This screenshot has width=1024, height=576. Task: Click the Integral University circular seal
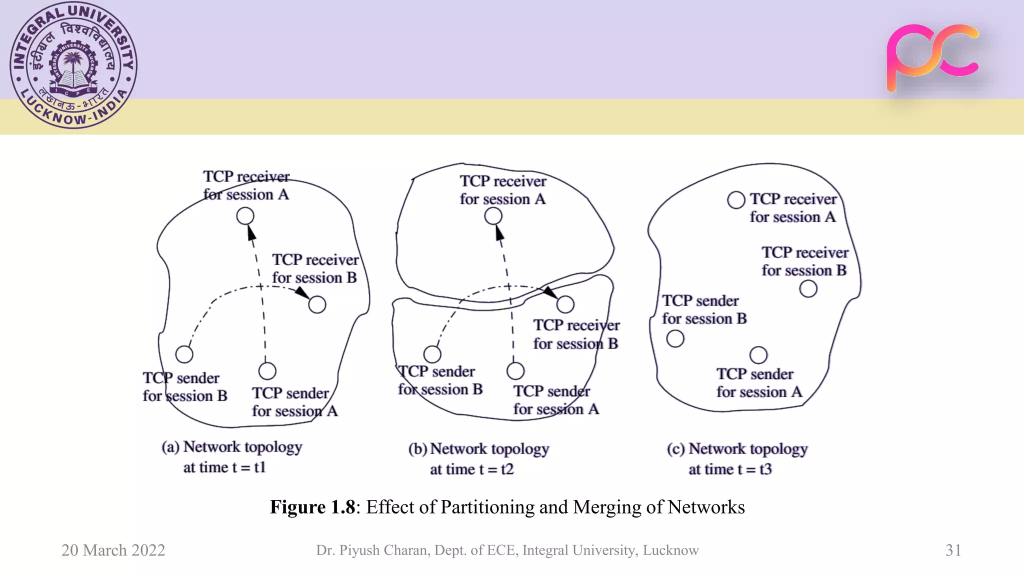tap(73, 65)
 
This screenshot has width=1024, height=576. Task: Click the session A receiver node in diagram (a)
tap(245, 216)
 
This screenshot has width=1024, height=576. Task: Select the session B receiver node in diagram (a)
tap(317, 304)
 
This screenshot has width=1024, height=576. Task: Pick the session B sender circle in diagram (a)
tap(184, 354)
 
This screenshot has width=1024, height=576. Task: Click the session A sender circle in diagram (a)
tap(267, 371)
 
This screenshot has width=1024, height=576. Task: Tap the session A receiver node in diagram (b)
tap(493, 216)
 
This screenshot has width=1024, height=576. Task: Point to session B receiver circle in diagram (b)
tap(565, 304)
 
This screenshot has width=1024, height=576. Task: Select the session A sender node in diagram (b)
tap(515, 371)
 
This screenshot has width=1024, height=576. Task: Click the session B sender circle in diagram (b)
tap(432, 354)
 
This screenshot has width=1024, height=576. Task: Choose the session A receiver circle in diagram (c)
tap(736, 200)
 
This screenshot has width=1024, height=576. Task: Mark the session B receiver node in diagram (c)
tap(808, 289)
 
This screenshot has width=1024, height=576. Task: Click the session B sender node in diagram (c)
tap(675, 339)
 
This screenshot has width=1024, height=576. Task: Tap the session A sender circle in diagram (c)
tap(758, 355)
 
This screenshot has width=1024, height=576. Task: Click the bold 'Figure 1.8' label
tap(312, 507)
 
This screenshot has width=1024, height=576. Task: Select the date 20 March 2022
tap(113, 550)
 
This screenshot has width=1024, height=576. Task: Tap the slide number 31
tap(953, 550)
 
